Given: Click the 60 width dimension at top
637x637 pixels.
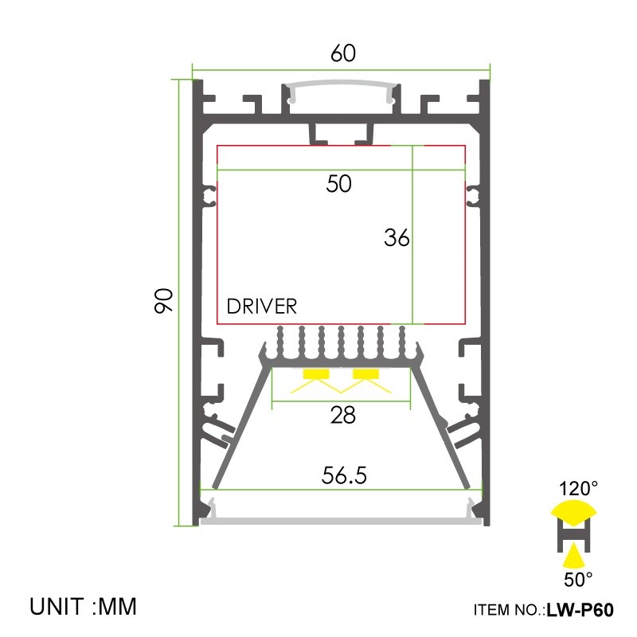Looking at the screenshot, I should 342,54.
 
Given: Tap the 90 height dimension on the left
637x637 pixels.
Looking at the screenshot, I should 164,301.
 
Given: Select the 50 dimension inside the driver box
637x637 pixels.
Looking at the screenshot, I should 338,184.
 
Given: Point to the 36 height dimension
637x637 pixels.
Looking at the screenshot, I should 396,237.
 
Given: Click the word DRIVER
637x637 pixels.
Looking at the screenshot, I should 262,307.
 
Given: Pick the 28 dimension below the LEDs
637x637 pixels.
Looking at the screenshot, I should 342,415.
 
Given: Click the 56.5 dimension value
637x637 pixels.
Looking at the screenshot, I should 344,475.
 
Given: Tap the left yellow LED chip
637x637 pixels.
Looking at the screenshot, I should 316,373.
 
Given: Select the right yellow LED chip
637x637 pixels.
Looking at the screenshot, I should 366,373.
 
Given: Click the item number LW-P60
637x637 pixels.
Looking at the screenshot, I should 580,611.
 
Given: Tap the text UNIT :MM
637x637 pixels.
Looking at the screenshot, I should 84,607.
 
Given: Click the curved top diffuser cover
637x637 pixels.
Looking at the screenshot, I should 341,86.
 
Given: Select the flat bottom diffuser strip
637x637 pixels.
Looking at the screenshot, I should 341,522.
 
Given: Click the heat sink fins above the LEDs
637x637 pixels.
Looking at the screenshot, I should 341,342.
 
